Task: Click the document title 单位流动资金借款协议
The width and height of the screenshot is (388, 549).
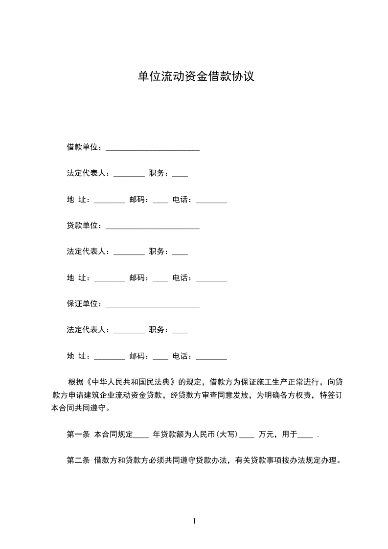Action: (x=196, y=77)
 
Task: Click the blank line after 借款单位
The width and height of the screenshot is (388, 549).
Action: (x=152, y=147)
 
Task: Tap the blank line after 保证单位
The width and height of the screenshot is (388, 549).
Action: (x=152, y=304)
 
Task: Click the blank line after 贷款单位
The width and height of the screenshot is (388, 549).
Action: (x=152, y=226)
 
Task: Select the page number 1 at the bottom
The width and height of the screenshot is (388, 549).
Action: (x=194, y=521)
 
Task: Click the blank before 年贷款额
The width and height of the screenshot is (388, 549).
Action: (x=141, y=435)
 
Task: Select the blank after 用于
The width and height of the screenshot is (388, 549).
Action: (x=305, y=435)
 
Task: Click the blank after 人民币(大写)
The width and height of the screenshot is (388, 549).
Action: (x=247, y=435)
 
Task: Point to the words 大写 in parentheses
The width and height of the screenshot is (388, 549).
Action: (x=228, y=434)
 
